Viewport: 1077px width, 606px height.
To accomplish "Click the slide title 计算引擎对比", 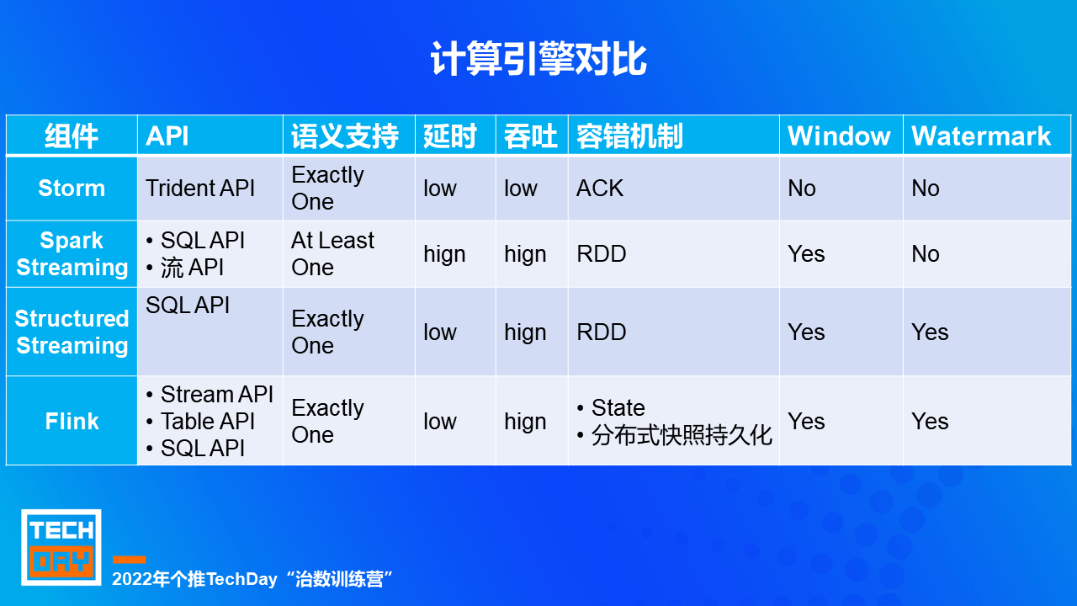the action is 538,59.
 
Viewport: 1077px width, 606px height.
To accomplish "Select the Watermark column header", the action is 981,136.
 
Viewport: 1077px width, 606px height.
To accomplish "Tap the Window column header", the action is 839,136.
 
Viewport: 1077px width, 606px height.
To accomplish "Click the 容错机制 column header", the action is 629,136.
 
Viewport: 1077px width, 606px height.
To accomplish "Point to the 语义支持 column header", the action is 345,136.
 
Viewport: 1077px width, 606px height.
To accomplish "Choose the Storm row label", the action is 72,188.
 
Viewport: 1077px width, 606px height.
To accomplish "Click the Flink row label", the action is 72,422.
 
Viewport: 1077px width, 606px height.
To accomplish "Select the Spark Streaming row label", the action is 72,253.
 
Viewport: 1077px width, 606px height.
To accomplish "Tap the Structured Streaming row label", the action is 72,332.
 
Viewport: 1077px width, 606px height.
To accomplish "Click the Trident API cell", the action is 200,188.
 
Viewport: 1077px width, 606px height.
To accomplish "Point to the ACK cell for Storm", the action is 600,188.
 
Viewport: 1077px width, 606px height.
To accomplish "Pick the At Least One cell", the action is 332,253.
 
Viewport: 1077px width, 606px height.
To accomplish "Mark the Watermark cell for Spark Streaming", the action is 926,253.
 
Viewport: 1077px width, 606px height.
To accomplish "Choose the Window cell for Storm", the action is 802,188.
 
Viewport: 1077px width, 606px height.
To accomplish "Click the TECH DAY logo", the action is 61,547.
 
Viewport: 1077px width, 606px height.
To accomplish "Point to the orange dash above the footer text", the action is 130,560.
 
